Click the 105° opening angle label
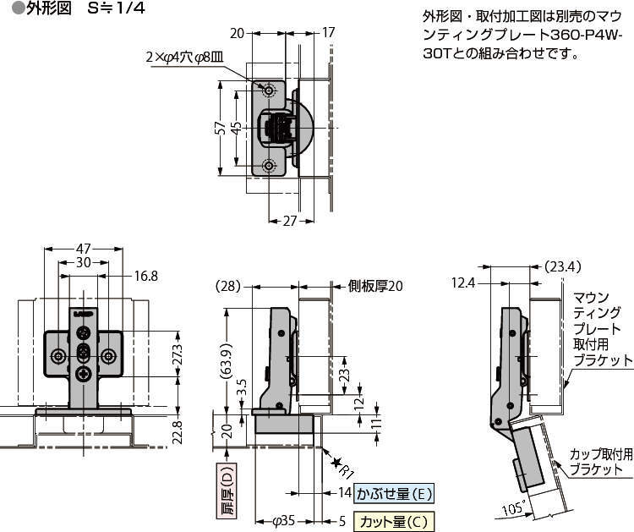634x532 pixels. (510, 507)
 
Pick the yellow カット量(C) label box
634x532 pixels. (394, 521)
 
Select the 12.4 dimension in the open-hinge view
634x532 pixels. (463, 282)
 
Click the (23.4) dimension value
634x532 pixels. (563, 266)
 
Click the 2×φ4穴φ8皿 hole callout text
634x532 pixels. (183, 58)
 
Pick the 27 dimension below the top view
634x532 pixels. (289, 221)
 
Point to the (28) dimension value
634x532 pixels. (227, 286)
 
